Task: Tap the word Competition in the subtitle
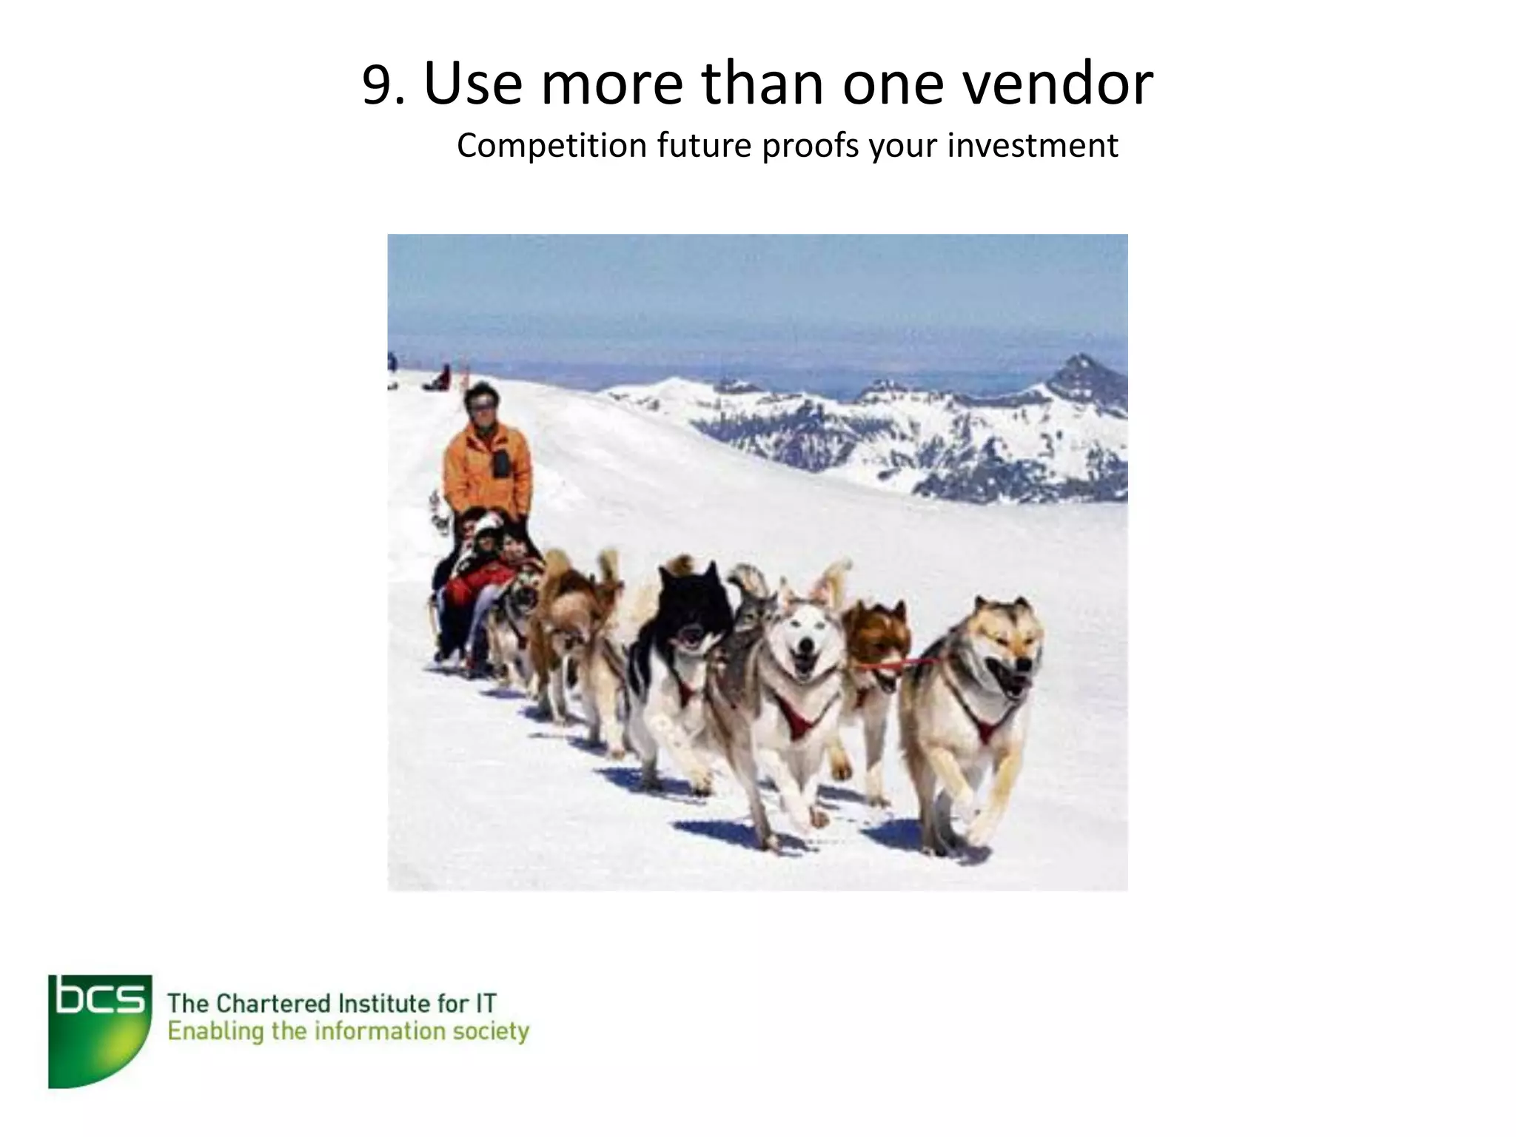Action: click(551, 146)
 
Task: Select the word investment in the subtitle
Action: click(1033, 146)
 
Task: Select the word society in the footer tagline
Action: click(491, 1032)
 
